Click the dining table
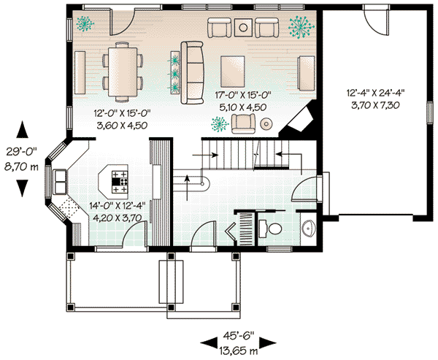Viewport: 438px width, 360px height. pyautogui.click(x=121, y=71)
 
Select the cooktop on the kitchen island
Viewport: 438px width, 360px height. pyautogui.click(x=120, y=179)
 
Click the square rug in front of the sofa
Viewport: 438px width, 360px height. pyautogui.click(x=240, y=70)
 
